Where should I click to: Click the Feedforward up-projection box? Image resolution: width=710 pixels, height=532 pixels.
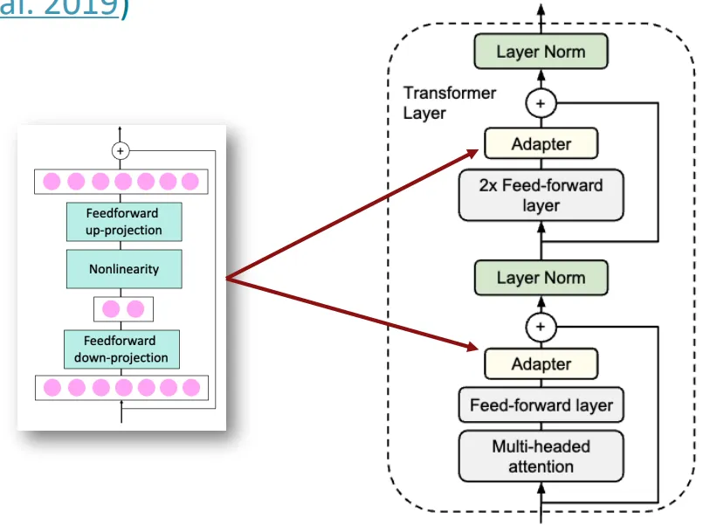click(123, 222)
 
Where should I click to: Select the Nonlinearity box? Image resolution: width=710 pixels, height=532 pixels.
click(123, 269)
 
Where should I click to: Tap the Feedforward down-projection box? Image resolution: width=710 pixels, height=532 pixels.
click(121, 349)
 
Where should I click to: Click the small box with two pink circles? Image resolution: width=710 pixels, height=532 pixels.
click(123, 309)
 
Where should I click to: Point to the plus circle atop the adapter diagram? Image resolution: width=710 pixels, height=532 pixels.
click(121, 151)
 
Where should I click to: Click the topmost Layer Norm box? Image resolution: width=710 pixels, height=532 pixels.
click(541, 52)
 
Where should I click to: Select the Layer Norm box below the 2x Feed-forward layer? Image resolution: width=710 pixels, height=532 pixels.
click(541, 278)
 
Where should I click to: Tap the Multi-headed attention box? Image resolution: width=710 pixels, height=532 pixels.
click(541, 456)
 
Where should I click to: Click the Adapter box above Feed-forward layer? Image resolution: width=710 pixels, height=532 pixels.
click(541, 364)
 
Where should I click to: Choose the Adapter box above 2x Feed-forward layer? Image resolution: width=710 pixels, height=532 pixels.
click(541, 144)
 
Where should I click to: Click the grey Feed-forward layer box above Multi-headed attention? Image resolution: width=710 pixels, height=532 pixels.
click(541, 405)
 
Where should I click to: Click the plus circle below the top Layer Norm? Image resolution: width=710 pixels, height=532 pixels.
click(541, 104)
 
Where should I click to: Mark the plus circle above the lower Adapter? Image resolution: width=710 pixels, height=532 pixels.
click(541, 327)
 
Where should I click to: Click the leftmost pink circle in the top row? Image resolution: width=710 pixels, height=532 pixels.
click(52, 182)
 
